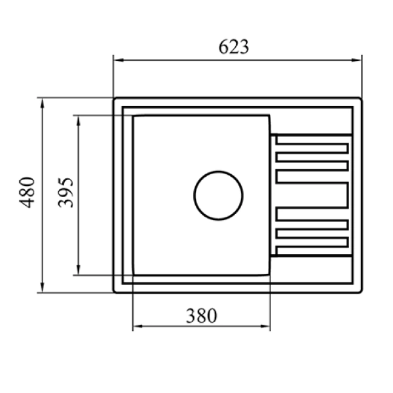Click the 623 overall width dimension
click(234, 47)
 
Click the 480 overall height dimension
click(27, 193)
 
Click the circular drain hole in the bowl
click(218, 195)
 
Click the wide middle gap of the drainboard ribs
click(312, 195)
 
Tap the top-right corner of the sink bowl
click(269, 116)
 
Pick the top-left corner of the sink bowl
click(134, 116)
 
